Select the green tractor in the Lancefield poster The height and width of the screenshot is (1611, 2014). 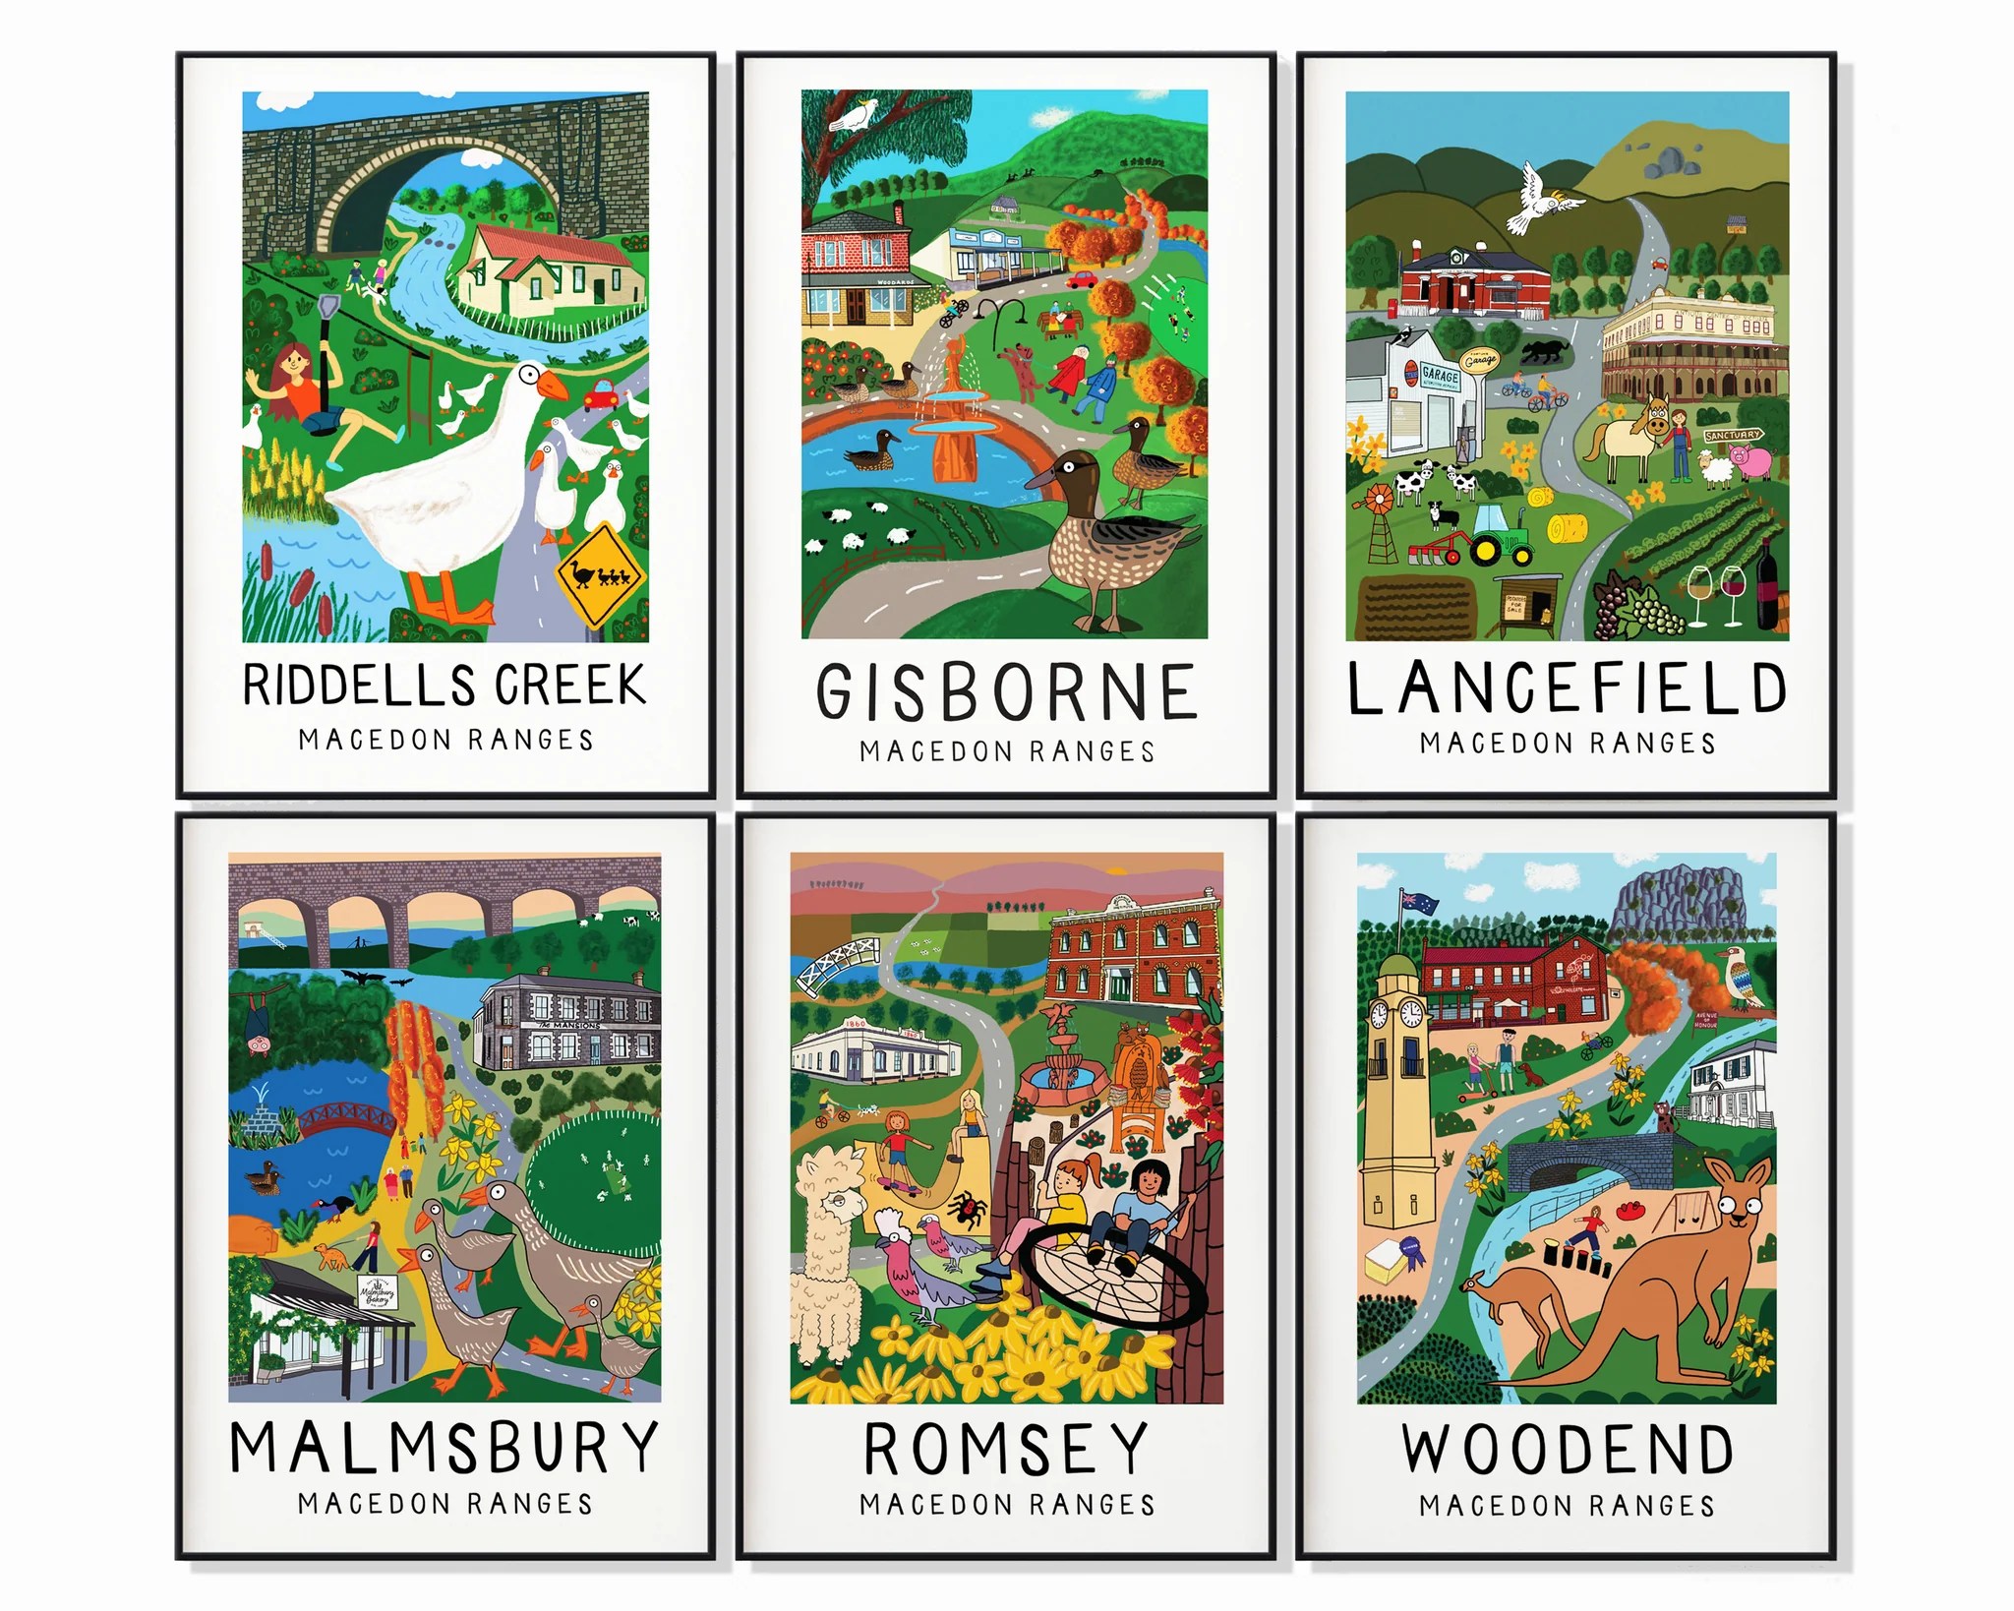pyautogui.click(x=1500, y=534)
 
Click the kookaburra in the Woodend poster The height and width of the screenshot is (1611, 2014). pyautogui.click(x=1746, y=979)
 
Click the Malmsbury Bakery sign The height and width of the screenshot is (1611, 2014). pyautogui.click(x=377, y=1291)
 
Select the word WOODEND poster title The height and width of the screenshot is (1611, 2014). pyautogui.click(x=1568, y=1450)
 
